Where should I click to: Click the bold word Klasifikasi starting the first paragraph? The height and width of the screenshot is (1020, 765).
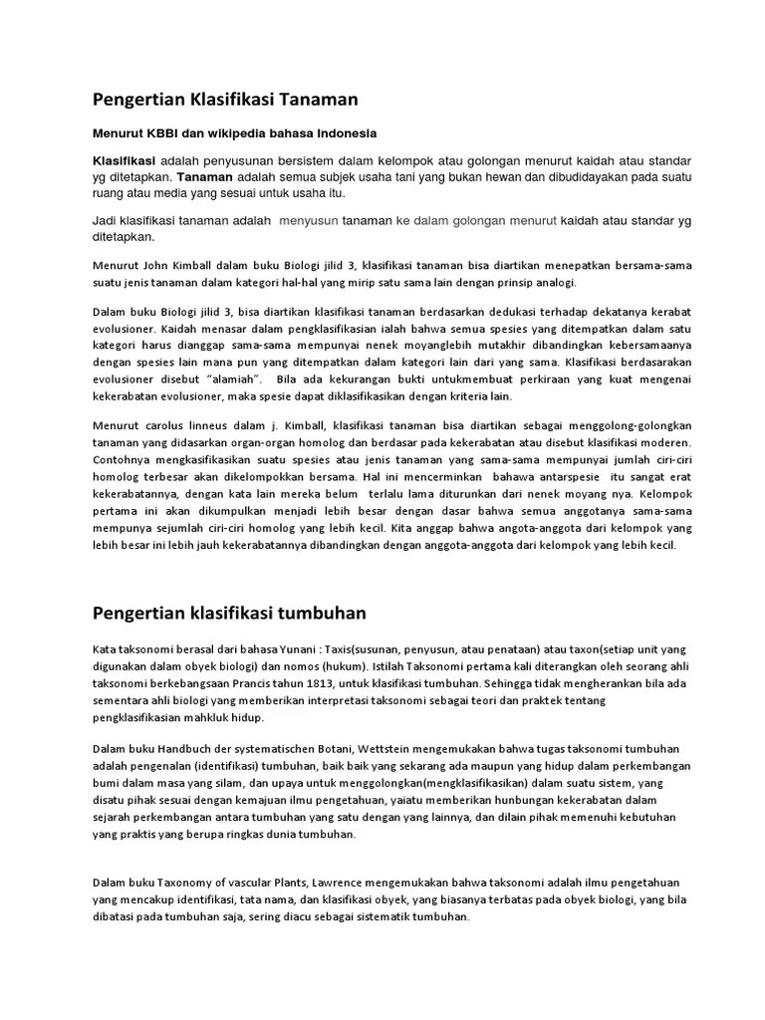coord(125,161)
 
